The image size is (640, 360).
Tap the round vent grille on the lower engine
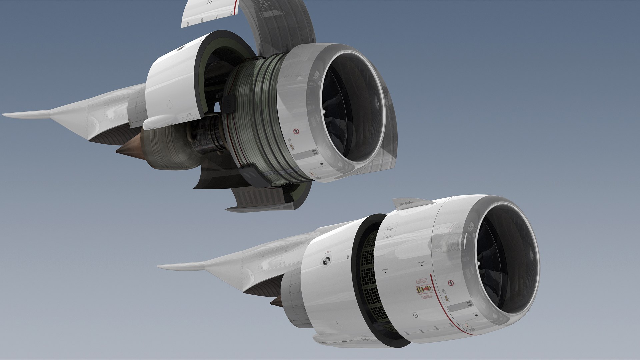point(327,261)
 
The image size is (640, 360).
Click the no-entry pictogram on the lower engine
point(451,283)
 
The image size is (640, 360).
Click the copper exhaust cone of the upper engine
point(128,149)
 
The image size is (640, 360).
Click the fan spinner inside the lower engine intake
point(479,263)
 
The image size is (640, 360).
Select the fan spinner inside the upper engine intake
point(324,112)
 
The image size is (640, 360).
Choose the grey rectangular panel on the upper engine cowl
point(306,154)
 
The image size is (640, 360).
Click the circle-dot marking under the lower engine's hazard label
point(415,314)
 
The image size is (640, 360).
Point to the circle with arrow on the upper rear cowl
point(170,104)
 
